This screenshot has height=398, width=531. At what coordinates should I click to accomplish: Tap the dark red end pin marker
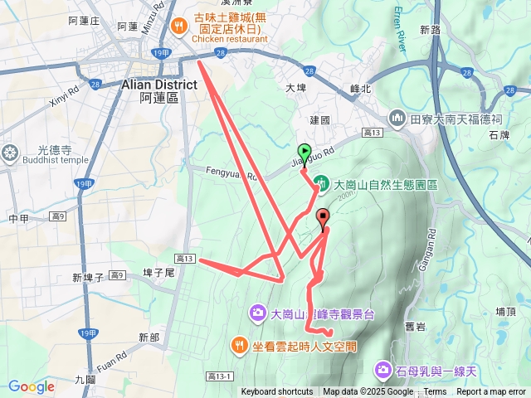(x=324, y=215)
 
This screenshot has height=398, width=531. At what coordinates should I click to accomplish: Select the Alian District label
(x=158, y=85)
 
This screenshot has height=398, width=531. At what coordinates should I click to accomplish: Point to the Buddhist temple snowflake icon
(x=10, y=153)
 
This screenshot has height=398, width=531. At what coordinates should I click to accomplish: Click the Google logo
(x=32, y=386)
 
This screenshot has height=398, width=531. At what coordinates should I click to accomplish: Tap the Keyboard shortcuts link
(x=277, y=392)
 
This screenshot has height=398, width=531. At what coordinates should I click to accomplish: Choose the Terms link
(x=435, y=392)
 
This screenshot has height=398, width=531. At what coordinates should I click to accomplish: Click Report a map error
(x=491, y=392)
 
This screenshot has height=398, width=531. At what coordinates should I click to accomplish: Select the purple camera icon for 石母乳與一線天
(x=384, y=368)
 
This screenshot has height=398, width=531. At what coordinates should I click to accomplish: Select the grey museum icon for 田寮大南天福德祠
(x=397, y=119)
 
